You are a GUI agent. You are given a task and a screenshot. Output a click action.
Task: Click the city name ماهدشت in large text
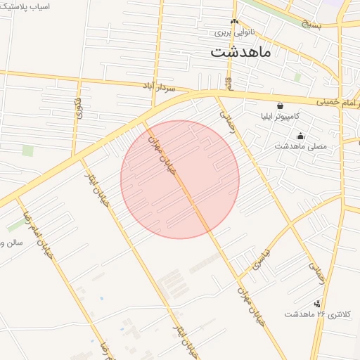pos(240,52)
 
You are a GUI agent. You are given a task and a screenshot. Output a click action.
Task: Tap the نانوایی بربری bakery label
pos(233,32)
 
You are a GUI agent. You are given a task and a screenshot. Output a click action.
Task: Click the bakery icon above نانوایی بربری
pos(235,22)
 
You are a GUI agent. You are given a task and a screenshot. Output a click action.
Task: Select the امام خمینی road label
pos(331,103)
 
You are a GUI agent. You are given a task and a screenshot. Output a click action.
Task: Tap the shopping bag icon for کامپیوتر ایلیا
pos(281,105)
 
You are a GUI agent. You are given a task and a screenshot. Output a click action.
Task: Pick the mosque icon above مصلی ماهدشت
pos(301,136)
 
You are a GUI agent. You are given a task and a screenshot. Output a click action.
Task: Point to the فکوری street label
pos(77,110)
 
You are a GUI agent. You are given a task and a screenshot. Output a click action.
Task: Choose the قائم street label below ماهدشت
pos(229,83)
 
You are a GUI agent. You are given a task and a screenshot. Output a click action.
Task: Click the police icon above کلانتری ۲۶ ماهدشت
pos(318,304)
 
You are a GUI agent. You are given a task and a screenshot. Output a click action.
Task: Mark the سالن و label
pos(12,243)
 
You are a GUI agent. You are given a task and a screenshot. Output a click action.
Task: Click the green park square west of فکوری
pos(28,150)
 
